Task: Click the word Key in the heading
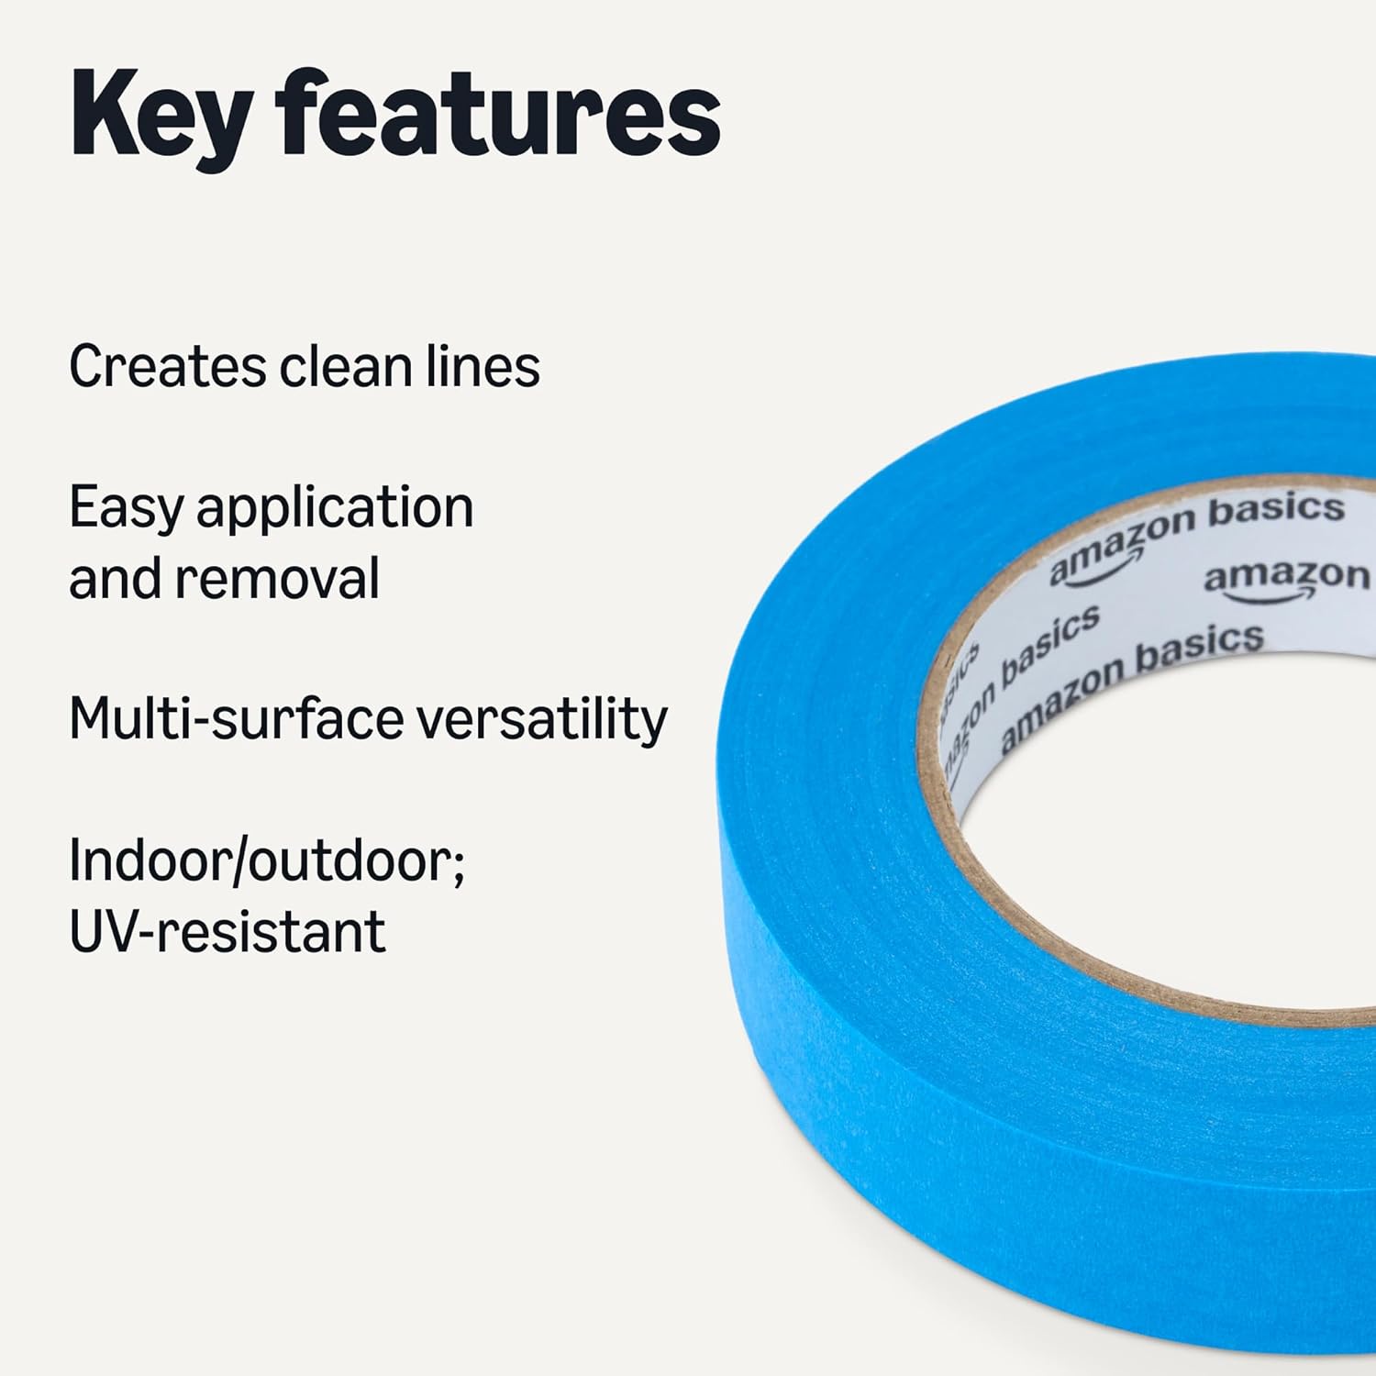pyautogui.click(x=161, y=117)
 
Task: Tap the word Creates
pyautogui.click(x=167, y=367)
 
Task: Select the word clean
pyautogui.click(x=346, y=367)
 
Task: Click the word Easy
pyautogui.click(x=126, y=509)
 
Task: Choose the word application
pyautogui.click(x=335, y=509)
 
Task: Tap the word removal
pyautogui.click(x=277, y=580)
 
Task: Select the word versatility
pyautogui.click(x=542, y=718)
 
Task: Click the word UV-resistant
pyautogui.click(x=227, y=932)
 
